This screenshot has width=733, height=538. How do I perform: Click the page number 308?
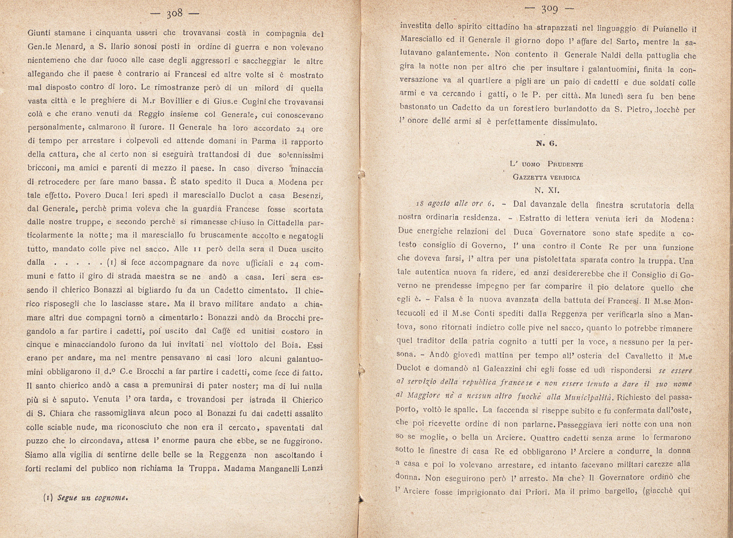[x=174, y=14]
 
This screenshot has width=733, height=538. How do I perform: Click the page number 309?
[x=550, y=9]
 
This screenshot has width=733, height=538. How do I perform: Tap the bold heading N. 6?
[x=546, y=143]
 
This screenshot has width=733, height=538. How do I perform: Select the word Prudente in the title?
[x=565, y=164]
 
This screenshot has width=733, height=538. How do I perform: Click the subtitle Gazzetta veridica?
[x=546, y=177]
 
